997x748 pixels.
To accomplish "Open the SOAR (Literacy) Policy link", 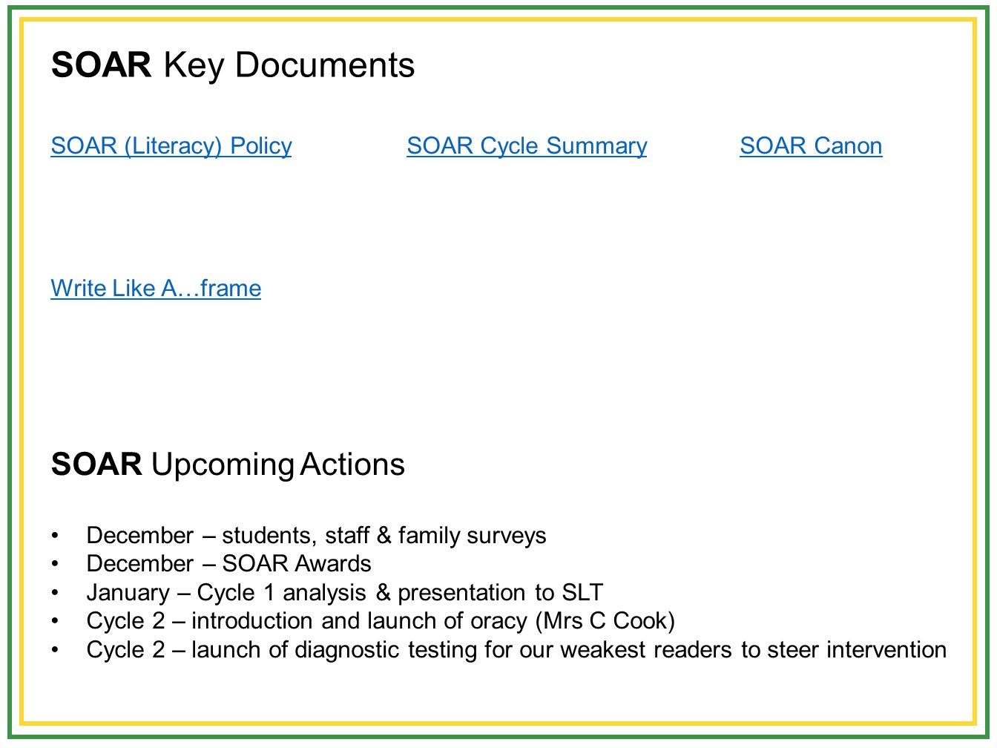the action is (x=171, y=146).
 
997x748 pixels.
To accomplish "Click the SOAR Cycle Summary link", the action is (x=527, y=146).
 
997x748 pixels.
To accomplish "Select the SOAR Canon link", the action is (x=811, y=145).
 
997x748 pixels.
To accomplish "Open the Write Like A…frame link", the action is (x=156, y=288).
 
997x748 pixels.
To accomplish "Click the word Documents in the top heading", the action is (x=325, y=65).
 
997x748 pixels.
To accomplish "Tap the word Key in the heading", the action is (x=194, y=67).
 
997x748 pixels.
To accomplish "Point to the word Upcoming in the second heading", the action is (x=223, y=465).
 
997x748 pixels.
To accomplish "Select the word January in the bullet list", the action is (x=128, y=593).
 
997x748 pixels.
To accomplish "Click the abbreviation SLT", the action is (x=582, y=591).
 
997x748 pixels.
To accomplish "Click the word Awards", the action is (x=333, y=564).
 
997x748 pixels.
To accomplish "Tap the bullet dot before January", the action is (x=55, y=593).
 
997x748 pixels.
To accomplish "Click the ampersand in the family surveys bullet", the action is (x=384, y=535).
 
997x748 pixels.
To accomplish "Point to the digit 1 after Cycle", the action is (x=269, y=592).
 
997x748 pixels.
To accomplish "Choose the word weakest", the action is (x=603, y=649).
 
